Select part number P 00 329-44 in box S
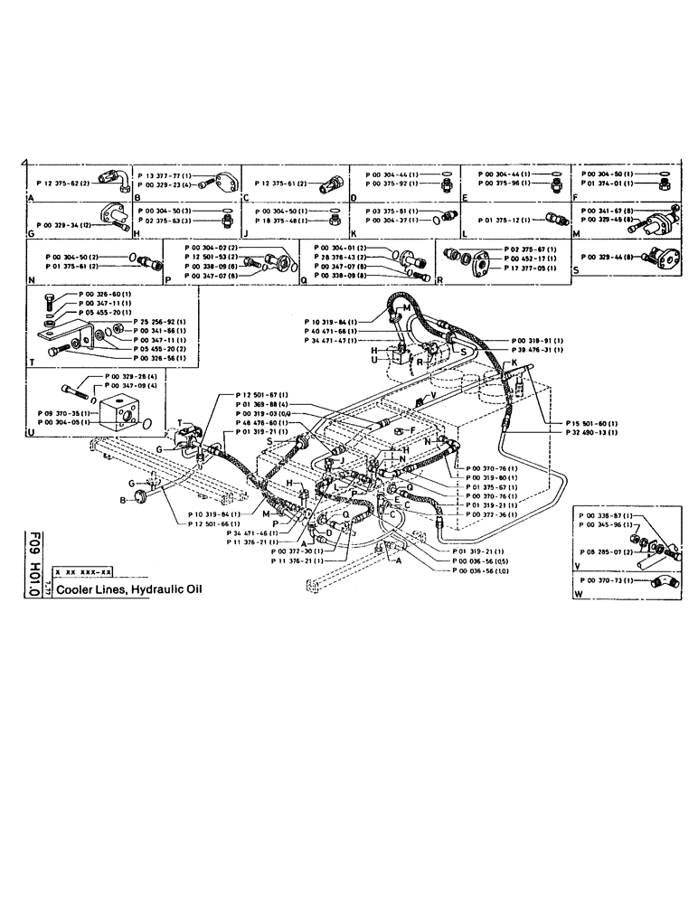(x=608, y=258)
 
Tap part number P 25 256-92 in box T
(x=159, y=322)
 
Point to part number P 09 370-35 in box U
(x=57, y=412)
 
